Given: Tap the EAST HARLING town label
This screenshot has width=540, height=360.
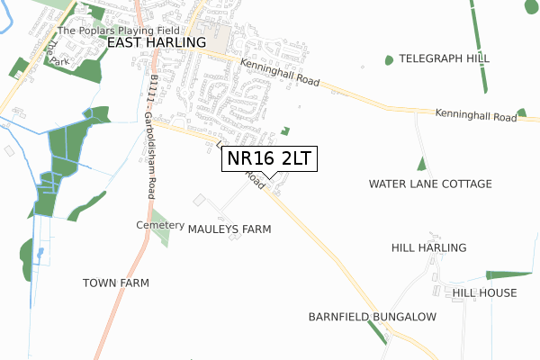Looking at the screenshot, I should coord(157,42).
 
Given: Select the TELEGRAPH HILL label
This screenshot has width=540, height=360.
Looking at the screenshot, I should coord(444,58).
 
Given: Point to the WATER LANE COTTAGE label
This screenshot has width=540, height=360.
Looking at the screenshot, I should coord(430,184).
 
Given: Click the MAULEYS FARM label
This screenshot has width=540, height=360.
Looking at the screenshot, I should coord(229,229).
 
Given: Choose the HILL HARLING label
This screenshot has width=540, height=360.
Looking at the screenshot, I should coord(428,247).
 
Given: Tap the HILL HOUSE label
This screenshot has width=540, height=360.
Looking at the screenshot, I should coord(484,292).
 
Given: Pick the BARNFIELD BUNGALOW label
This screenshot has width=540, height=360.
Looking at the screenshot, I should coord(372,317).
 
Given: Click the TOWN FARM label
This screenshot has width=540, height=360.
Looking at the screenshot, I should coord(116,283).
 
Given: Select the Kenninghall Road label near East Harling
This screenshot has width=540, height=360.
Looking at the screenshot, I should coord(279,70).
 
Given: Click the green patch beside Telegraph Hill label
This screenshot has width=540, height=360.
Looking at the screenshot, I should coord(389,60).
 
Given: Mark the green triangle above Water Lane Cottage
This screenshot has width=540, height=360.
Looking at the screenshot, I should coord(421,165).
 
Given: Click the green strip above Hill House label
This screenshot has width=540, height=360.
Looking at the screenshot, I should coord(508,274).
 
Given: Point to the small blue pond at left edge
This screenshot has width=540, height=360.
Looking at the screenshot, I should coord(40,252).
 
